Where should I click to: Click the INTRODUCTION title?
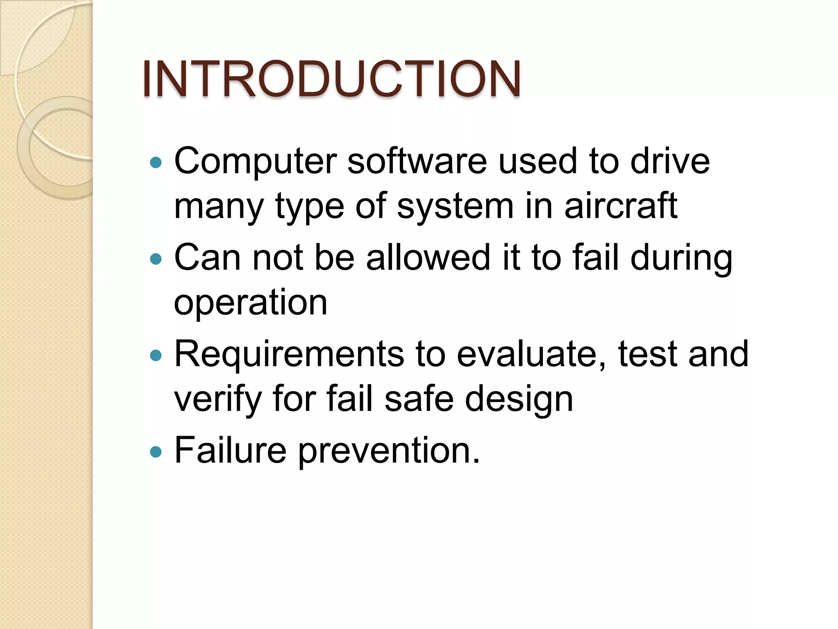[331, 79]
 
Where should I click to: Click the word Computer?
[255, 162]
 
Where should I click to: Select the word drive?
[670, 161]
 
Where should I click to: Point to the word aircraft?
[621, 206]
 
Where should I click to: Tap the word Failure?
[230, 450]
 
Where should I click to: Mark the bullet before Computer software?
[156, 163]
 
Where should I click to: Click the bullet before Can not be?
[156, 259]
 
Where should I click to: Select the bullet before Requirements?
[156, 355]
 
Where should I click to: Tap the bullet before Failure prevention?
[156, 452]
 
